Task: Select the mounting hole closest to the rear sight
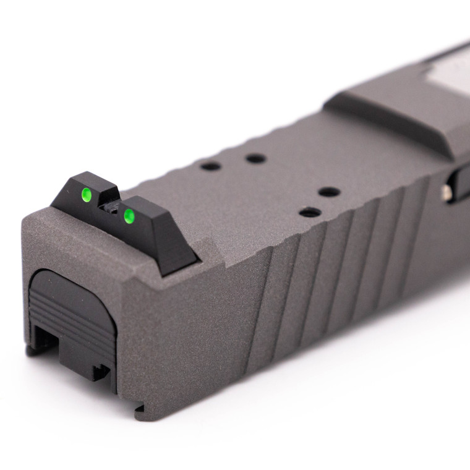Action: coord(211,166)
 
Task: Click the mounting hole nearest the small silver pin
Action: coord(329,192)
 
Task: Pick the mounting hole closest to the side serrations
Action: coord(310,213)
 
